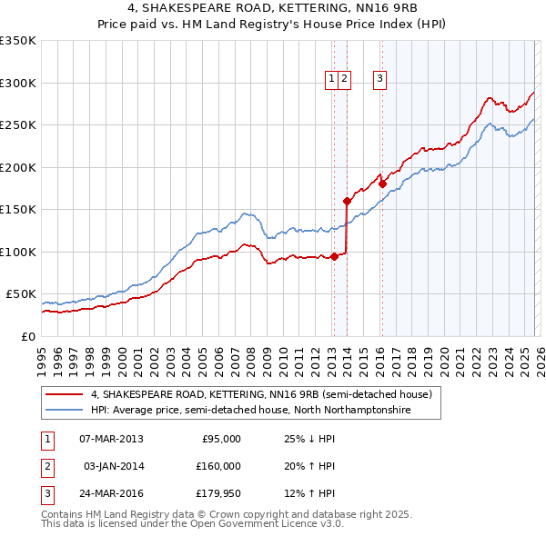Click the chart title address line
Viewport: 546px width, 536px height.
(x=273, y=8)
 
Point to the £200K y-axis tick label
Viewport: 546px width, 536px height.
(x=17, y=167)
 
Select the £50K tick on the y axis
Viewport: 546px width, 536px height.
(x=20, y=294)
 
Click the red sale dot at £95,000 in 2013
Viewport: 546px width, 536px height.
(x=334, y=256)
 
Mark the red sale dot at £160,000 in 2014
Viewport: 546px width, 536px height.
(x=347, y=201)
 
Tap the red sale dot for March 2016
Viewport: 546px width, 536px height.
(x=383, y=184)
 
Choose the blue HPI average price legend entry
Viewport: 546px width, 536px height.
(x=250, y=411)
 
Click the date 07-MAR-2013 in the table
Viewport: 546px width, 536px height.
(x=111, y=439)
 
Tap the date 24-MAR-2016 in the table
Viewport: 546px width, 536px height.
(x=111, y=493)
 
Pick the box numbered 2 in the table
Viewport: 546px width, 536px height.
(x=45, y=466)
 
